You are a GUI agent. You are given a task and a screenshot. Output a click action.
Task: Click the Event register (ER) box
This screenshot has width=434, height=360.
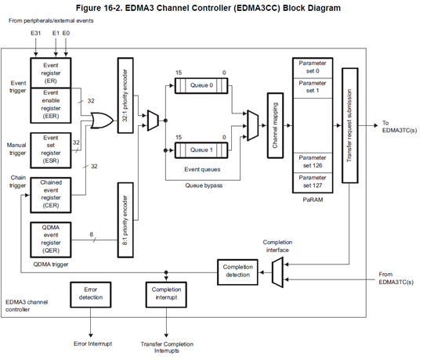pos(51,73)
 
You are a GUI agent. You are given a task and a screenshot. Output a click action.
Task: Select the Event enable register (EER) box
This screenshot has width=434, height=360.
pos(51,106)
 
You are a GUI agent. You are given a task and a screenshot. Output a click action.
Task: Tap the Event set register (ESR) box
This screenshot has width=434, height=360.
pos(51,150)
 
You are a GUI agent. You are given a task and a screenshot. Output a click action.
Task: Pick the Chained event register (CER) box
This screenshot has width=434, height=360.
pos(51,195)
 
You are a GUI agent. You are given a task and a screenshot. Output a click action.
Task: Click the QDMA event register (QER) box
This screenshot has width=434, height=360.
pos(51,239)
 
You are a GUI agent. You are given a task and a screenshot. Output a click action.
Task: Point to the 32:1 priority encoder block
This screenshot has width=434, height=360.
pos(125,95)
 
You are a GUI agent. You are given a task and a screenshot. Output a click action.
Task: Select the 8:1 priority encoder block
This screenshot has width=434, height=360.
pos(125,220)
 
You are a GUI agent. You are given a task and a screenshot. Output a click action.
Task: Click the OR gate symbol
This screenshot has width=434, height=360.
pos(102,121)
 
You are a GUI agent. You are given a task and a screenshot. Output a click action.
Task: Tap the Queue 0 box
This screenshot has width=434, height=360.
pos(201,86)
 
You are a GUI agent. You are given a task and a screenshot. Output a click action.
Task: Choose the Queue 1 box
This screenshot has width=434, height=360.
pos(201,150)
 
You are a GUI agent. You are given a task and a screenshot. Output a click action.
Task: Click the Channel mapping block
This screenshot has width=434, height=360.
pos(275,125)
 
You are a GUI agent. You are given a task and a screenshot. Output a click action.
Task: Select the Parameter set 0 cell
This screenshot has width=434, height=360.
pos(313,68)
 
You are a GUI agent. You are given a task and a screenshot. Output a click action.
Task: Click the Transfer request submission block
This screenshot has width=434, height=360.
pos(350,125)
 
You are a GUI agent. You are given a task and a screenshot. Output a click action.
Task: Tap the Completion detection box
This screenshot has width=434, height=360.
pos(237,272)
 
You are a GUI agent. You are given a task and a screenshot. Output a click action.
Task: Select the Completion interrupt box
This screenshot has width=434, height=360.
pos(166,294)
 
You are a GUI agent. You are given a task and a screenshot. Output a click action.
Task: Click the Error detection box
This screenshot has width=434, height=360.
pos(91,294)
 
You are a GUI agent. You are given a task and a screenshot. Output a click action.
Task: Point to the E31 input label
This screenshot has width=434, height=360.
pos(36,33)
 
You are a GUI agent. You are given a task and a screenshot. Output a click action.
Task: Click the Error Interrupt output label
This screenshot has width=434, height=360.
pos(93,344)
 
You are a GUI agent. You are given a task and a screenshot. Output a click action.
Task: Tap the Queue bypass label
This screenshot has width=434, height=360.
pos(204,185)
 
